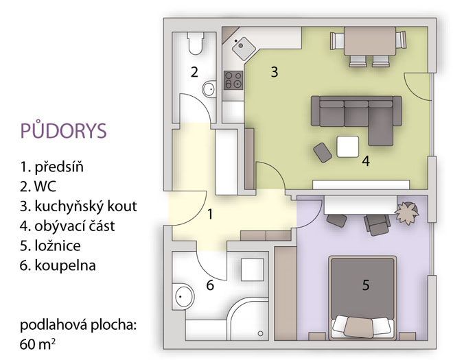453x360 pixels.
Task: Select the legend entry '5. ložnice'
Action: [x=50, y=245]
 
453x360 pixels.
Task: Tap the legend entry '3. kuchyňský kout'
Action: [x=78, y=206]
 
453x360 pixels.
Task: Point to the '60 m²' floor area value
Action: [x=38, y=344]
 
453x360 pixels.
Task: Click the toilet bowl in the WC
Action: [x=196, y=43]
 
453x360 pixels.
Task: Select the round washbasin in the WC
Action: [x=209, y=89]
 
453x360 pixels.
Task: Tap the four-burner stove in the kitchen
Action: [x=233, y=80]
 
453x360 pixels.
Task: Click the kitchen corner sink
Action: [x=244, y=47]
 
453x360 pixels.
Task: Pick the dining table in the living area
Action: [x=370, y=41]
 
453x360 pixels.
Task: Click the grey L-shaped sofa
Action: [x=356, y=115]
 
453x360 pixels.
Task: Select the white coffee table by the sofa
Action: [x=348, y=147]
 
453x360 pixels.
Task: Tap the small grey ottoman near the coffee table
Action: [x=323, y=152]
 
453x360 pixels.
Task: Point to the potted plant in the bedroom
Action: [x=407, y=213]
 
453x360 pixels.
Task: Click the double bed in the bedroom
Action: [x=362, y=298]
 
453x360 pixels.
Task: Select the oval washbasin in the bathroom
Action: [x=184, y=296]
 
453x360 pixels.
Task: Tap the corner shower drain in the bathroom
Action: [x=260, y=333]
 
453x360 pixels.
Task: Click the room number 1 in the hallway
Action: [x=210, y=215]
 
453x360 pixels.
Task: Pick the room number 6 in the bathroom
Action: [x=210, y=285]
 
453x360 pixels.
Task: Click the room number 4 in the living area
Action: [x=366, y=161]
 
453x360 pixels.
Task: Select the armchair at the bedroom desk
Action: [x=377, y=224]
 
